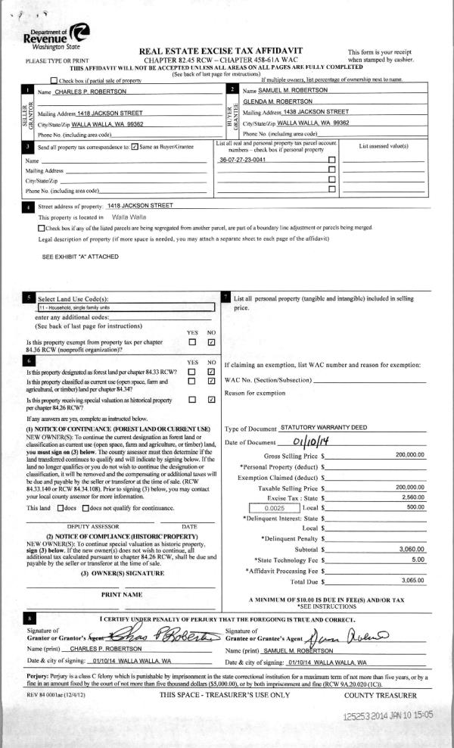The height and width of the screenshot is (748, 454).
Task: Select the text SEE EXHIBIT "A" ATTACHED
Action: [x=79, y=257]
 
